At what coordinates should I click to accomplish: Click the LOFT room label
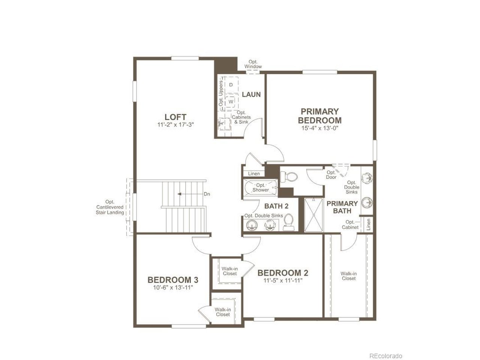tap(175, 117)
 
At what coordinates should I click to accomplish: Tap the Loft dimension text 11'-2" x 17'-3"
tap(175, 125)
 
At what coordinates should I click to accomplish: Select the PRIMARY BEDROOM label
tap(320, 116)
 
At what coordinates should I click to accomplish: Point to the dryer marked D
tap(231, 85)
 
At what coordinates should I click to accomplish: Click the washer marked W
tap(231, 102)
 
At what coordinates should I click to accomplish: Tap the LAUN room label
tap(251, 94)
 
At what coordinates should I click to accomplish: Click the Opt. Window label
tap(253, 64)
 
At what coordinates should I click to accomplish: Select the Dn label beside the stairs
tap(207, 194)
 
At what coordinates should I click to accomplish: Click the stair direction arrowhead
tap(179, 194)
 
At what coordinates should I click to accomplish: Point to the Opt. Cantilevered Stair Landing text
tap(110, 207)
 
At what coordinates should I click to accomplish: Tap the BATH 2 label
tap(276, 206)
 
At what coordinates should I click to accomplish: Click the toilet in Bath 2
tap(288, 222)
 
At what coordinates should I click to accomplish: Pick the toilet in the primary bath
tap(289, 176)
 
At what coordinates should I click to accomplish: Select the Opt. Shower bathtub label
tap(261, 187)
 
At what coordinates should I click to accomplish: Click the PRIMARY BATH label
tap(342, 207)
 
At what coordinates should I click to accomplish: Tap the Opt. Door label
tap(331, 175)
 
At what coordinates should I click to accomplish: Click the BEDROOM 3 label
tap(173, 280)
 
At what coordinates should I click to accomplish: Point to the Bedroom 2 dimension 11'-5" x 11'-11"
tap(283, 280)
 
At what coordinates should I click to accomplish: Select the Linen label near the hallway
tap(254, 174)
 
